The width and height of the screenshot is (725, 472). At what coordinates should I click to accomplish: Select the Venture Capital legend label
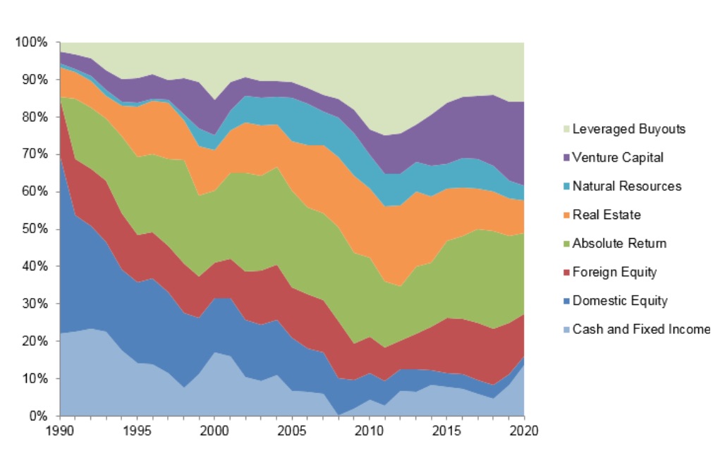[x=618, y=158]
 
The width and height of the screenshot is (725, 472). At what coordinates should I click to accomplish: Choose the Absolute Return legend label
[x=619, y=244]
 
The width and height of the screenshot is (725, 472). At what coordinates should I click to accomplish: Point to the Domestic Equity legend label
[x=620, y=301]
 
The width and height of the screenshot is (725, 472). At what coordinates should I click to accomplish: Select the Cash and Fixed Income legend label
[x=641, y=329]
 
